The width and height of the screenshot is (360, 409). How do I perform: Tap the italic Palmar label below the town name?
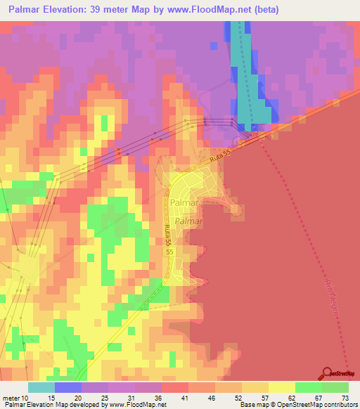(189, 220)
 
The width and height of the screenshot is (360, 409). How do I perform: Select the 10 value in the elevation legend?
(25, 397)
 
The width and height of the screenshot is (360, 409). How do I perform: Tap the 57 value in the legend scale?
(266, 397)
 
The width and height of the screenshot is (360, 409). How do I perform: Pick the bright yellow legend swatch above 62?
(281, 387)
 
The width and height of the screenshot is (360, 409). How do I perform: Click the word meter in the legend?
(10, 397)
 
